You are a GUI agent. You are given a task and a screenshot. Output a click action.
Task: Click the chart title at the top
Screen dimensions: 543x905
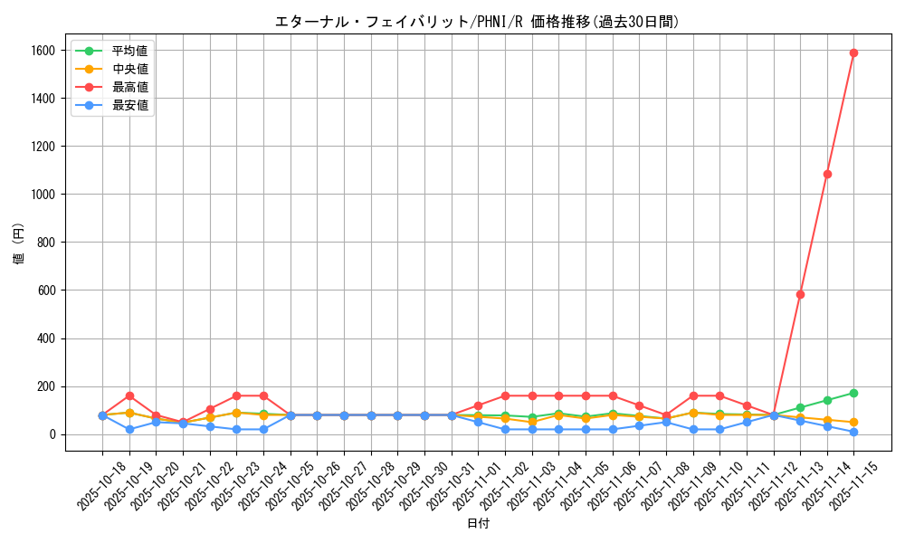click(477, 22)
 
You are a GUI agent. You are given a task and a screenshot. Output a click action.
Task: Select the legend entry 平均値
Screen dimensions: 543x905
click(129, 51)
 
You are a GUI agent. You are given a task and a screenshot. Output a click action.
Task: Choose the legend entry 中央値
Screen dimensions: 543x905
click(129, 69)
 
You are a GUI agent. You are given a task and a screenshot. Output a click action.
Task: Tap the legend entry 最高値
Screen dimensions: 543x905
click(129, 87)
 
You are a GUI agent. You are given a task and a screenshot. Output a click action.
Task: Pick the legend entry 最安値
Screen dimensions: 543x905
click(129, 105)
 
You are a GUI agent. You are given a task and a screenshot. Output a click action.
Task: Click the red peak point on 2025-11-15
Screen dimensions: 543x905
click(853, 52)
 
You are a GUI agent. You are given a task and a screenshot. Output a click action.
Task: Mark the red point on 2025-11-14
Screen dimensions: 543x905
click(827, 174)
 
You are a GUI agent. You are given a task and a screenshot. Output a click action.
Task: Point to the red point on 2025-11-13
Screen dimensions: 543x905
click(800, 294)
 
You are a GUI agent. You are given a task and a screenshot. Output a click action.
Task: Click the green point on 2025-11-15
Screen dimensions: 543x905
click(853, 393)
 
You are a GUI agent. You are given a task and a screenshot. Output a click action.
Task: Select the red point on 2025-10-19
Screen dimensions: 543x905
click(129, 395)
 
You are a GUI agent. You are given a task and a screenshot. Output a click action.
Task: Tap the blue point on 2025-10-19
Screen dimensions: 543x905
click(129, 429)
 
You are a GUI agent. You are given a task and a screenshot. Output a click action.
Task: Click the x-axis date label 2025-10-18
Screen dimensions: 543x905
click(90, 485)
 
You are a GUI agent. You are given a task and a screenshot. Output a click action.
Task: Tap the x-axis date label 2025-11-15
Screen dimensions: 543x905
click(842, 485)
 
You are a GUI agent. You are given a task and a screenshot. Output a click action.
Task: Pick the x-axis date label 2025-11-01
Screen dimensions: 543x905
click(466, 485)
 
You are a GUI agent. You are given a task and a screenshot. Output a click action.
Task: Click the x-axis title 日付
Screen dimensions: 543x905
click(478, 524)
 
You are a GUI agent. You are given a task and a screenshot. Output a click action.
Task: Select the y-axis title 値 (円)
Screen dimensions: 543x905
click(18, 243)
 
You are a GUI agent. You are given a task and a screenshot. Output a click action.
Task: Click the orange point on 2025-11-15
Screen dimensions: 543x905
click(853, 423)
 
